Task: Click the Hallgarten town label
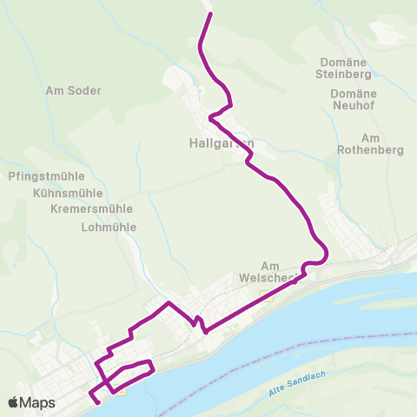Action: click(222, 142)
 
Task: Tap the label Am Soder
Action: click(74, 90)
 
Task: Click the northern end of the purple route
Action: click(208, 16)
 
